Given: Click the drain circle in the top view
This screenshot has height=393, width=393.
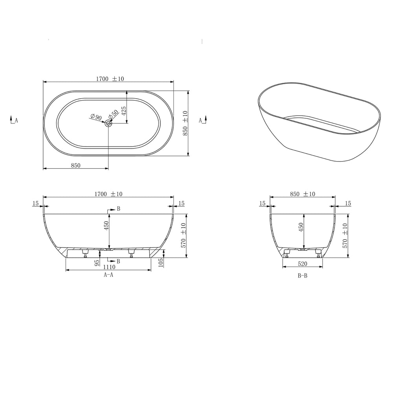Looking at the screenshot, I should (x=108, y=123).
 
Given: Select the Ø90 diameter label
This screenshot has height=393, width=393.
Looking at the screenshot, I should (x=96, y=117).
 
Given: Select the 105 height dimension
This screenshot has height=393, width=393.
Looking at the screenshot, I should (x=160, y=263).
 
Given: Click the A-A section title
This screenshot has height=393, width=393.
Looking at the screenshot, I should (x=108, y=275).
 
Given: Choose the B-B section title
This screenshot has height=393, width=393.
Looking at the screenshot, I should (x=302, y=276).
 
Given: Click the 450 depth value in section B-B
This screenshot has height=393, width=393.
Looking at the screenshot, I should (x=301, y=228).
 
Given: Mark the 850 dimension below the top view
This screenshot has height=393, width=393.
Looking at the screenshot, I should (x=75, y=165).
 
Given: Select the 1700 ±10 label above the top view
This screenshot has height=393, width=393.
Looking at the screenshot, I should (x=110, y=79).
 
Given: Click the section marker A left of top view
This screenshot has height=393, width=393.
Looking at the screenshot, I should (x=14, y=121).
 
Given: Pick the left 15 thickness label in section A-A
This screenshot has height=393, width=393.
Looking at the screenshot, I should (x=36, y=203).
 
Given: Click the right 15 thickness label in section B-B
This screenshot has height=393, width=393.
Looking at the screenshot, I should (x=348, y=203).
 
